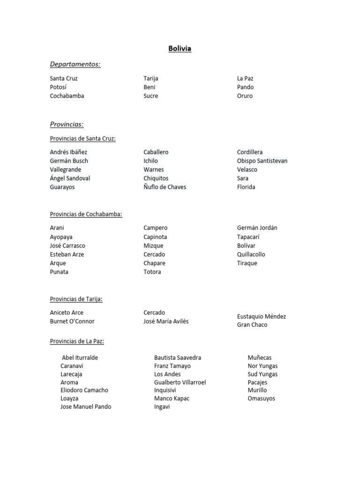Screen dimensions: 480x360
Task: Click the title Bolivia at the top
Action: tap(180, 49)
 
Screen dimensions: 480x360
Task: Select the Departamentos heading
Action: tap(75, 64)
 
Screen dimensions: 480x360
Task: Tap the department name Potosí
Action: tap(58, 87)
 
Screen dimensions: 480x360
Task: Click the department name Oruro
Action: tap(245, 96)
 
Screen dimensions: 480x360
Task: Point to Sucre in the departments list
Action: tap(151, 96)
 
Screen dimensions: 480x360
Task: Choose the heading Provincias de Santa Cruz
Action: tap(82, 139)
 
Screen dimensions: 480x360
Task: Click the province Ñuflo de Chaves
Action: tap(165, 187)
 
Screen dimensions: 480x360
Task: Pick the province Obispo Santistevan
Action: tap(262, 161)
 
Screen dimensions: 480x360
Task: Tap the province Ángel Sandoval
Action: tap(70, 178)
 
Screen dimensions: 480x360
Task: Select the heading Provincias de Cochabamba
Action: tap(86, 214)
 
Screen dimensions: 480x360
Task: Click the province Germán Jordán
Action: tap(257, 228)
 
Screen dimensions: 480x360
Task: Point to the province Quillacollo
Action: tap(251, 255)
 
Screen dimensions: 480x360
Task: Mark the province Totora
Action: tap(152, 272)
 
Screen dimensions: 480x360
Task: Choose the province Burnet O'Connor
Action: tap(72, 322)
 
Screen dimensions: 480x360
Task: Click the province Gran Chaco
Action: tap(252, 325)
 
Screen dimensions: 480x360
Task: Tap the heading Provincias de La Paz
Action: tap(77, 341)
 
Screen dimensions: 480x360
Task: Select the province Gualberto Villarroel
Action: tap(180, 382)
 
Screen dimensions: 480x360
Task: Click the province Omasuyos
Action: tap(262, 398)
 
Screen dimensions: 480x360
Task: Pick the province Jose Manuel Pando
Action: tap(86, 407)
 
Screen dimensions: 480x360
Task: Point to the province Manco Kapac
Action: tap(172, 398)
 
